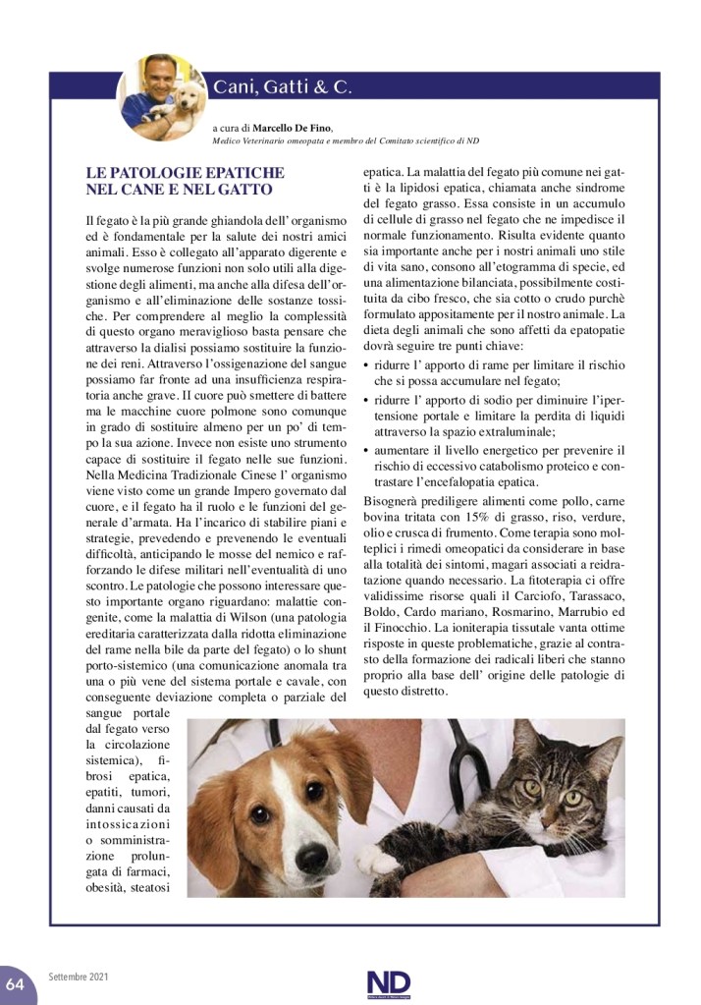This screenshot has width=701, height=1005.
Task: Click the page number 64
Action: tap(15, 982)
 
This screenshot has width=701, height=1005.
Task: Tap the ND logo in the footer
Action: tap(388, 983)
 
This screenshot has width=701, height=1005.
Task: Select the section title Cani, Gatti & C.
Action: tap(282, 87)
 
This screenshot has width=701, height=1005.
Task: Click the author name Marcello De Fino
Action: tap(293, 128)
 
